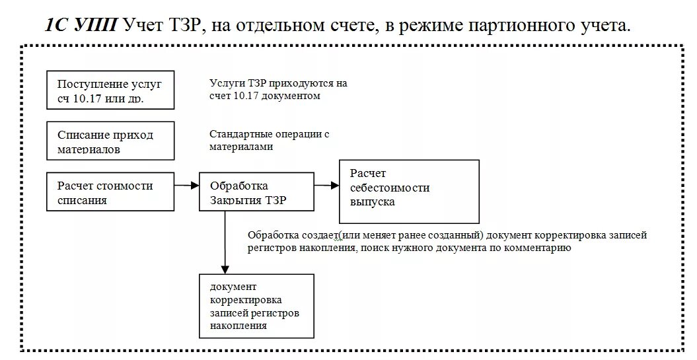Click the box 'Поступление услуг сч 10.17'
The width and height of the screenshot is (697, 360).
(111, 90)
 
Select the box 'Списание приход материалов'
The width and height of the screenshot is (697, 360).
(111, 141)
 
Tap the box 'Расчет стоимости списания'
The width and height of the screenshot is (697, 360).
(111, 192)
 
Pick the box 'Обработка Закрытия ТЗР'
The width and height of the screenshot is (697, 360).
(256, 192)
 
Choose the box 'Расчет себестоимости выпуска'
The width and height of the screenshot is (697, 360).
(409, 191)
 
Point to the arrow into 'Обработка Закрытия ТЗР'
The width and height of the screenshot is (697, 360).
(187, 186)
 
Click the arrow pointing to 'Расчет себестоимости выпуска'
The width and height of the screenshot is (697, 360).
(326, 186)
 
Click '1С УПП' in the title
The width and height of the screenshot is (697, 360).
(82, 25)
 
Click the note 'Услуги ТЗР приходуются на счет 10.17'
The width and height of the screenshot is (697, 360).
(278, 90)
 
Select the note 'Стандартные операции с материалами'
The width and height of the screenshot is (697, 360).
(270, 140)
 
